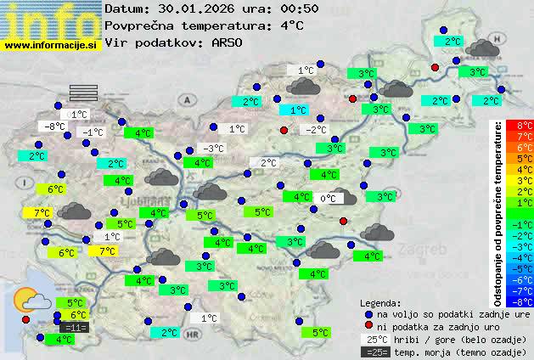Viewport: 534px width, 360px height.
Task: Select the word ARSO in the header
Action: [228, 42]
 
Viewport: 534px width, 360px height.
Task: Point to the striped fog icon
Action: [83, 93]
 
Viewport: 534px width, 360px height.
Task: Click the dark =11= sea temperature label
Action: [75, 328]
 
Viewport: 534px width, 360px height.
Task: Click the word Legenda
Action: [380, 302]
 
